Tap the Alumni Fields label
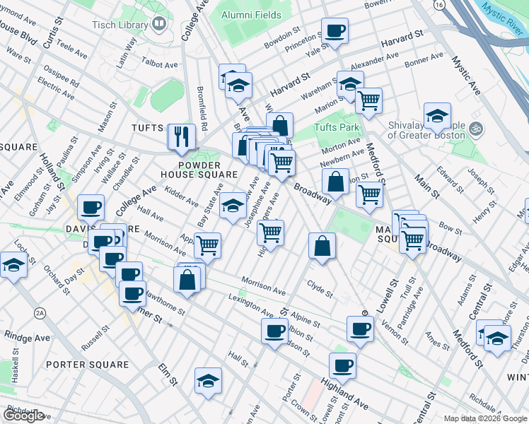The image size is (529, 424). click(x=251, y=15)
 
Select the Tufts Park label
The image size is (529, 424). click(x=337, y=127)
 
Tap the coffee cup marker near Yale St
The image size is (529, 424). click(x=335, y=30)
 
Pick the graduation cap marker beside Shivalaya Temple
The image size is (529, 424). click(x=437, y=115)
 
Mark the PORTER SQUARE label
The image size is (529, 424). click(x=87, y=365)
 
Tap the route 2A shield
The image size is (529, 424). click(x=40, y=312)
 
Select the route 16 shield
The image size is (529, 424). click(x=440, y=5)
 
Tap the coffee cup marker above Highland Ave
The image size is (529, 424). click(x=343, y=365)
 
